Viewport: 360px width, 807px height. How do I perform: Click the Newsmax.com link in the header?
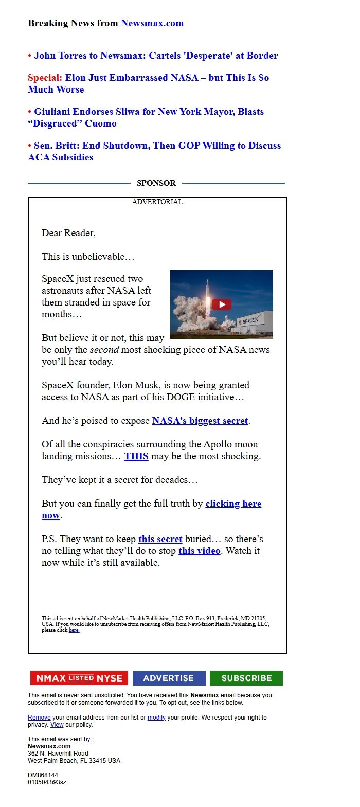pyautogui.click(x=152, y=23)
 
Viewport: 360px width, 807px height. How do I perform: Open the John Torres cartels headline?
pyautogui.click(x=156, y=56)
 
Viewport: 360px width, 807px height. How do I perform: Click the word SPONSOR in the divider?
pyautogui.click(x=156, y=183)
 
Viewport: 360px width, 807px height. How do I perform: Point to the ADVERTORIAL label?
pyautogui.click(x=157, y=202)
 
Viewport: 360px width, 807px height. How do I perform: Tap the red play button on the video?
pyautogui.click(x=222, y=304)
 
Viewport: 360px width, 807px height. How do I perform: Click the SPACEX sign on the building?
pyautogui.click(x=250, y=320)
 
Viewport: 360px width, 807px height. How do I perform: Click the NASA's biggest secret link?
pyautogui.click(x=200, y=421)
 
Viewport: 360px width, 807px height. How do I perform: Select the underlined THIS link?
pyautogui.click(x=136, y=456)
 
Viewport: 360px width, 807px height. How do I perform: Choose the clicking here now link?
pyautogui.click(x=233, y=504)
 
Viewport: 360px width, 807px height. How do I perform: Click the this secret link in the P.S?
pyautogui.click(x=160, y=539)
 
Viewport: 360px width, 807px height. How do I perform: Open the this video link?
pyautogui.click(x=200, y=551)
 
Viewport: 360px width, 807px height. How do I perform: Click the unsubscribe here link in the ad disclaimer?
pyautogui.click(x=74, y=630)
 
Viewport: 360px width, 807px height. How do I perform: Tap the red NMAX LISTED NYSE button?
pyautogui.click(x=79, y=678)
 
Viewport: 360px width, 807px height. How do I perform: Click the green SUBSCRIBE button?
pyautogui.click(x=246, y=678)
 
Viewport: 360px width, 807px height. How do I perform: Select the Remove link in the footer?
pyautogui.click(x=39, y=718)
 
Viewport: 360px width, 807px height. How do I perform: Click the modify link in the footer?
pyautogui.click(x=156, y=718)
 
